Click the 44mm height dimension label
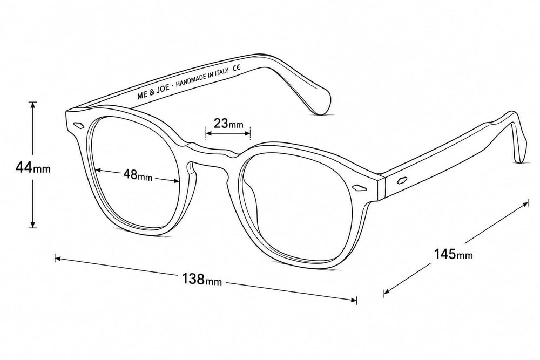(33, 168)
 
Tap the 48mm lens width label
(138, 174)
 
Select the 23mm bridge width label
(228, 123)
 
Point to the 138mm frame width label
(202, 279)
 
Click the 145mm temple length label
(453, 254)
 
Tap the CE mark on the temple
(237, 67)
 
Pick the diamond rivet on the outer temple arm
(402, 180)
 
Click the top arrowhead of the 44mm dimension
(33, 105)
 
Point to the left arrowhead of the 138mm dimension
(58, 258)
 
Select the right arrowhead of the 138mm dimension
(353, 300)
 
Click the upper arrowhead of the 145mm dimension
(525, 204)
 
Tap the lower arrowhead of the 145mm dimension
(387, 292)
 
